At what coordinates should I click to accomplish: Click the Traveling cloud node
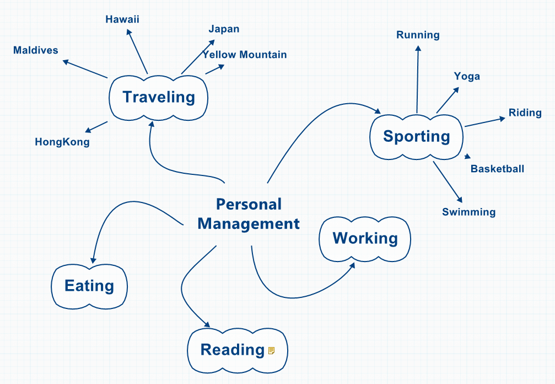point(159,98)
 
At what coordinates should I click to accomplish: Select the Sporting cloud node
point(417,136)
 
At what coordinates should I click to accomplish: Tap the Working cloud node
point(365,238)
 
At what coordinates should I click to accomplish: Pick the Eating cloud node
point(89,286)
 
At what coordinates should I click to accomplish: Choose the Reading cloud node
point(233,350)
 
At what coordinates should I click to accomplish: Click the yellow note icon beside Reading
point(271,350)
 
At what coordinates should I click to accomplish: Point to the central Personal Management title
point(249,214)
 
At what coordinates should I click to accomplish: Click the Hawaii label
point(122,20)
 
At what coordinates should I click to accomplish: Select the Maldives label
point(36,51)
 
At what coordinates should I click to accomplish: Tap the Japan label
point(224,29)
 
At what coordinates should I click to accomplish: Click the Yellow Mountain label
point(245,55)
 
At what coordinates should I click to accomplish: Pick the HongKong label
point(62,142)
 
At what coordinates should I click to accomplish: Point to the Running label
point(418,35)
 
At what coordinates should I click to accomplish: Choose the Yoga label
point(467,77)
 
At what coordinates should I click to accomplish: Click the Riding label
point(525,113)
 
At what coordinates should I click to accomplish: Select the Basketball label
point(497,169)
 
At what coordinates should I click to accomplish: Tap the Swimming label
point(468,212)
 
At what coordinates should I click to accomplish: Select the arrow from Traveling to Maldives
point(85,69)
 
